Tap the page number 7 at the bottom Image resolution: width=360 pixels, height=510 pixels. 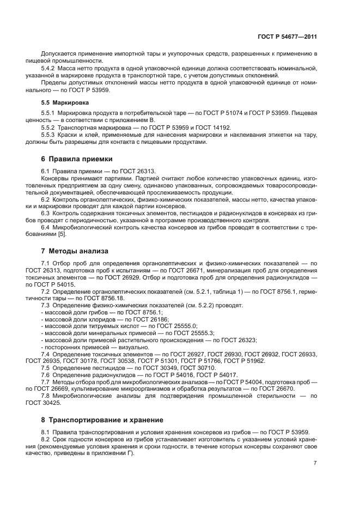[x=315, y=463]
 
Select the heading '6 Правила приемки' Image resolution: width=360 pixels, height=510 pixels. [x=77, y=159]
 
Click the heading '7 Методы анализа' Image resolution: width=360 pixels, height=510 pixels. [x=75, y=251]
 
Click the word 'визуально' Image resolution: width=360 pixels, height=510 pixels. [x=115, y=347]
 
